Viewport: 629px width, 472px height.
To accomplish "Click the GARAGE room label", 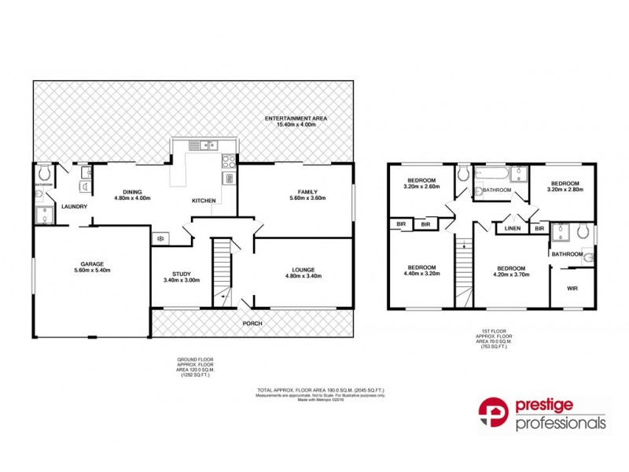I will point(92,264).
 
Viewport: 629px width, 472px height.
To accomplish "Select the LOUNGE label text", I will point(302,270).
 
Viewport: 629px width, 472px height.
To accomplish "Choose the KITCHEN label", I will point(204,201).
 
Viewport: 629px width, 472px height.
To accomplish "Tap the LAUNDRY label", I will point(75,207).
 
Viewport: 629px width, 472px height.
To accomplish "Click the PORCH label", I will point(252,323).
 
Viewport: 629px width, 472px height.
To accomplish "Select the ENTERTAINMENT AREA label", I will point(302,118).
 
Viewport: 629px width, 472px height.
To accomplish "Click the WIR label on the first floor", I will point(572,289).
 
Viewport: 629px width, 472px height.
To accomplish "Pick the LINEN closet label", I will point(513,228).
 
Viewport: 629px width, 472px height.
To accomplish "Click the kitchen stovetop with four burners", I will point(230,161).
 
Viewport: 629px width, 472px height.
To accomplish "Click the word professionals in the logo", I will point(561,424).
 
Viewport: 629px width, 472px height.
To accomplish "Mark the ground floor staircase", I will point(223,271).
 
